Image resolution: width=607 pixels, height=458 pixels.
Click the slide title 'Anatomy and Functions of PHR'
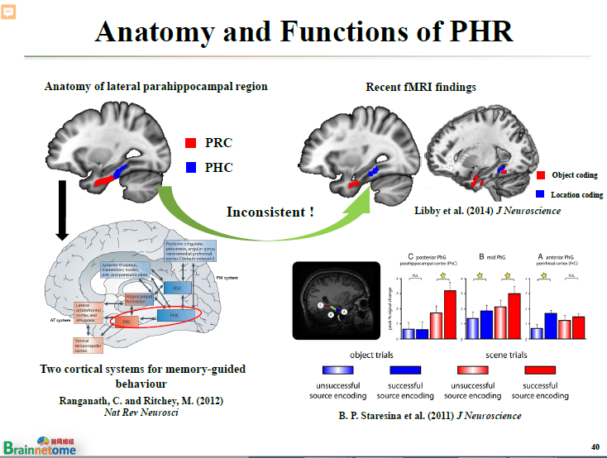pyautogui.click(x=303, y=31)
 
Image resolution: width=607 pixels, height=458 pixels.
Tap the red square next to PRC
pyautogui.click(x=190, y=143)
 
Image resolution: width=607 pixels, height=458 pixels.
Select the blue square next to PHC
pyautogui.click(x=190, y=167)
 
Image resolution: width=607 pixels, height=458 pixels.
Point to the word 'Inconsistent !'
pyautogui.click(x=270, y=212)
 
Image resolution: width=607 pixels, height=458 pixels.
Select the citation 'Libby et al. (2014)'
pyautogui.click(x=454, y=211)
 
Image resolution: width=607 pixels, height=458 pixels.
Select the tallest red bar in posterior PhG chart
pyautogui.click(x=449, y=314)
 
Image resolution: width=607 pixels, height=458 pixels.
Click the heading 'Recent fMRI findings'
pyautogui.click(x=421, y=87)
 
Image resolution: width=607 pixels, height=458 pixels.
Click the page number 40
pyautogui.click(x=595, y=446)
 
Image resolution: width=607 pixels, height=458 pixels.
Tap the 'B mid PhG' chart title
pyautogui.click(x=495, y=258)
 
